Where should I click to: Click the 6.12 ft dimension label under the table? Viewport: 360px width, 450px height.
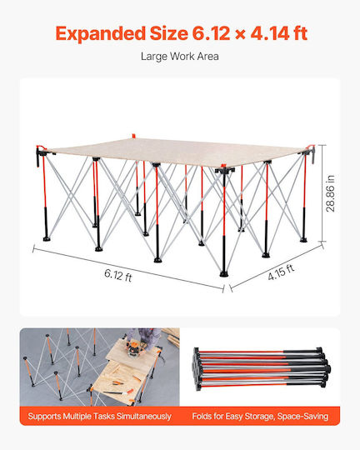click(118, 275)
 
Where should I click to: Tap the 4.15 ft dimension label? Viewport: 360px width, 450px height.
click(281, 272)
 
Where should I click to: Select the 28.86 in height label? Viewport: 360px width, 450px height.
click(331, 193)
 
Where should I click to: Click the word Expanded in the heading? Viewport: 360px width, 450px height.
click(101, 33)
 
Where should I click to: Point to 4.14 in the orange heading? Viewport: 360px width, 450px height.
click(270, 33)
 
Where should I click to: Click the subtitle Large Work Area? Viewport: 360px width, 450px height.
click(180, 57)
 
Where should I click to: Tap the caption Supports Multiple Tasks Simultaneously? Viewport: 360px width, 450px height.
click(100, 416)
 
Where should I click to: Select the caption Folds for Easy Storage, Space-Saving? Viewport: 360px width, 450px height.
click(260, 416)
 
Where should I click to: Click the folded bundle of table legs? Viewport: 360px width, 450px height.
click(261, 369)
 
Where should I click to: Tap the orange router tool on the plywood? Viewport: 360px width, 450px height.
click(134, 347)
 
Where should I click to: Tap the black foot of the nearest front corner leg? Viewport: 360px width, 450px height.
click(224, 273)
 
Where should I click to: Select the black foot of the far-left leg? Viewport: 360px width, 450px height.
click(46, 238)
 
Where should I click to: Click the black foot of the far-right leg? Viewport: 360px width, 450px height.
click(303, 240)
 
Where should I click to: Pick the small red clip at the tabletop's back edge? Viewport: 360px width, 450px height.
click(133, 136)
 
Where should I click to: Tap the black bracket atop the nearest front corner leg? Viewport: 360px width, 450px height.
click(225, 171)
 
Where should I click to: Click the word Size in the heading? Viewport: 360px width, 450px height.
click(169, 33)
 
